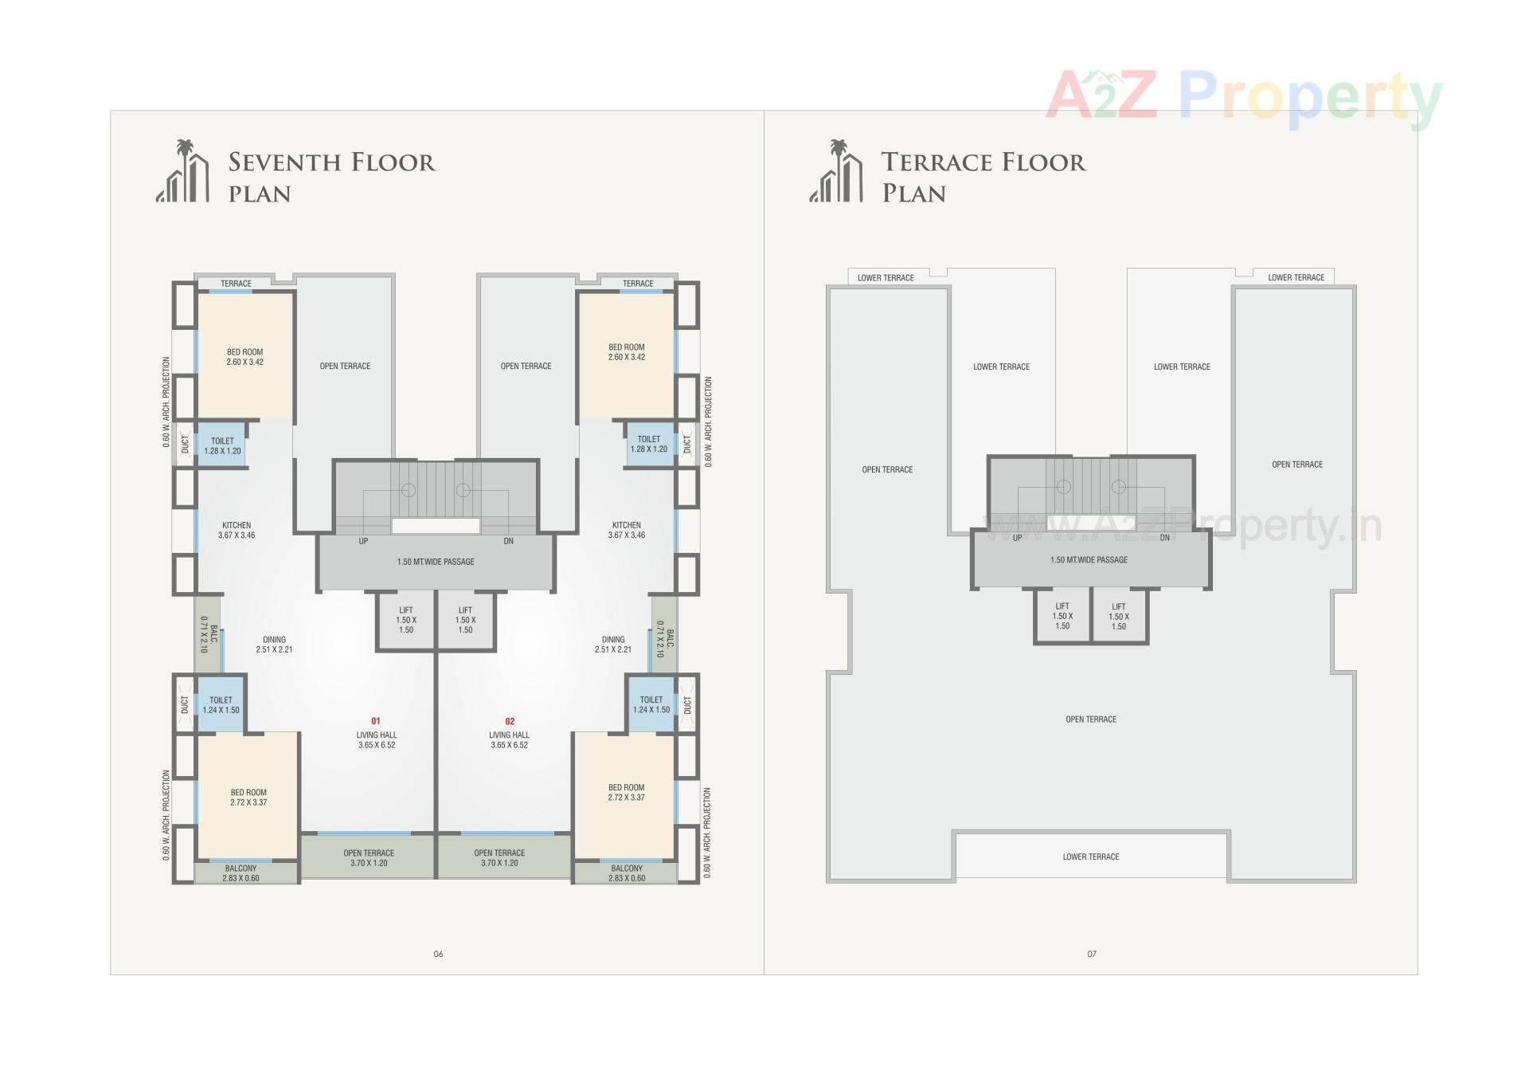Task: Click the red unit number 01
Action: point(376,721)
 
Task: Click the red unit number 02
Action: point(510,721)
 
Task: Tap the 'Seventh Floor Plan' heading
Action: point(331,177)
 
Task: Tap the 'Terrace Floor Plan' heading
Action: point(983,177)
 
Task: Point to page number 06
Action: point(438,954)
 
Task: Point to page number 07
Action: point(1092,954)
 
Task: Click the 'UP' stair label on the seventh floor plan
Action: point(363,541)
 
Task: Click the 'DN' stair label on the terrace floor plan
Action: point(1164,538)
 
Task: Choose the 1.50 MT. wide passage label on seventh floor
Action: point(436,562)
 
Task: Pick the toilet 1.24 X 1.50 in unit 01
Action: point(221,705)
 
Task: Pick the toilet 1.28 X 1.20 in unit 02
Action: point(649,444)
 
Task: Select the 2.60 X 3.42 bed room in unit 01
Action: point(244,357)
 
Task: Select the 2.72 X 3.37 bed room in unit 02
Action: point(627,792)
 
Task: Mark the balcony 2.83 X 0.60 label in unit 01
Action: point(240,873)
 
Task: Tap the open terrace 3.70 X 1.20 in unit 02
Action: point(499,857)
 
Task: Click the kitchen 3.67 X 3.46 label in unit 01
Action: point(237,530)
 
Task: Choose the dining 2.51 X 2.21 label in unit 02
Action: point(613,644)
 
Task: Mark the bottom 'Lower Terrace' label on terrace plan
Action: point(1091,857)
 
